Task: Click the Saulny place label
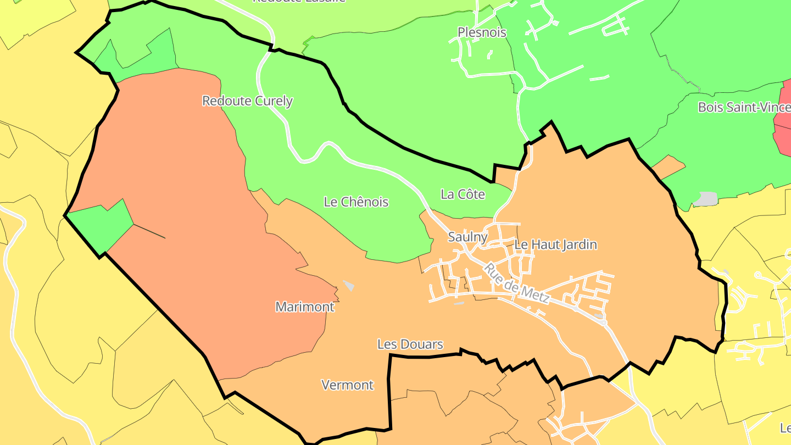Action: tap(467, 237)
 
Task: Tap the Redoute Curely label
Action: tap(247, 101)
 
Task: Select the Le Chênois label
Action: tap(356, 202)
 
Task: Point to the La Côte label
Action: tap(463, 194)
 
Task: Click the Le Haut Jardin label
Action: tap(555, 244)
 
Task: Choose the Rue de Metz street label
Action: tap(516, 283)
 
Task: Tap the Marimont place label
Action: tap(305, 307)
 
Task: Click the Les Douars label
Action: tap(410, 344)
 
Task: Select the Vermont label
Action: tap(347, 385)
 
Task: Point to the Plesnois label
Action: tap(482, 32)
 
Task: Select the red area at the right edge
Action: tap(782, 121)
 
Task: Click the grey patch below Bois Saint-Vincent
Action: tap(705, 199)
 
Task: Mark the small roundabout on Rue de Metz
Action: tap(603, 322)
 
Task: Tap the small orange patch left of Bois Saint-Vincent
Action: tap(670, 166)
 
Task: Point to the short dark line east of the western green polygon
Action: tap(149, 231)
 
